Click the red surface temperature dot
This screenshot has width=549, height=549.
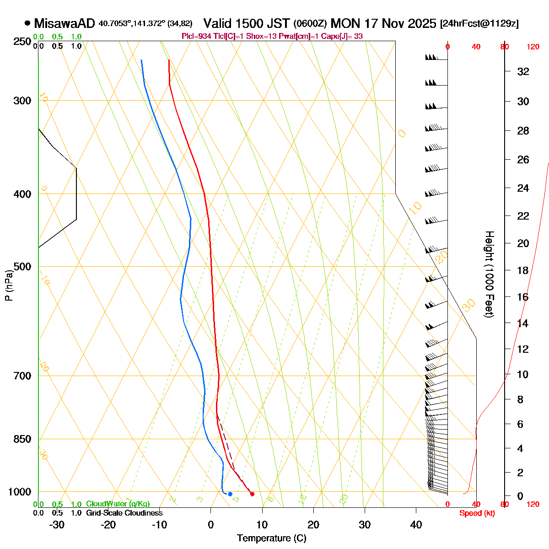click(252, 494)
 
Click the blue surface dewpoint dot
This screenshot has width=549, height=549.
click(230, 494)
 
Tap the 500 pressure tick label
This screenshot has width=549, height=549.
click(22, 266)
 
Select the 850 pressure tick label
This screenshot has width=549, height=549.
click(22, 439)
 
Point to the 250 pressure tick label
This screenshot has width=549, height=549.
click(22, 42)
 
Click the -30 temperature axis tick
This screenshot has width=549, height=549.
click(57, 525)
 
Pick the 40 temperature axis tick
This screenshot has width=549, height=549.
click(416, 525)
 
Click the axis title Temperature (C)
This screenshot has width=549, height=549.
click(272, 538)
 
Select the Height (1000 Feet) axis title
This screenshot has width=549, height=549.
click(489, 274)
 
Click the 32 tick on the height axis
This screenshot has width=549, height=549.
click(523, 71)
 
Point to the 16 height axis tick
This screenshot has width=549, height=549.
click(523, 297)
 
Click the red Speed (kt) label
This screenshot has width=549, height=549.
click(477, 513)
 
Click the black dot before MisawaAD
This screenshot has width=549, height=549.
click(27, 23)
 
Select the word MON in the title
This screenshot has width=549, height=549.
click(345, 23)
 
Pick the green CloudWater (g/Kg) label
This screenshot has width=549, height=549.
click(118, 504)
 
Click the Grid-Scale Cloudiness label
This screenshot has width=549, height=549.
click(124, 513)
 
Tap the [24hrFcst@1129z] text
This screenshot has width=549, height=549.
click(479, 24)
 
